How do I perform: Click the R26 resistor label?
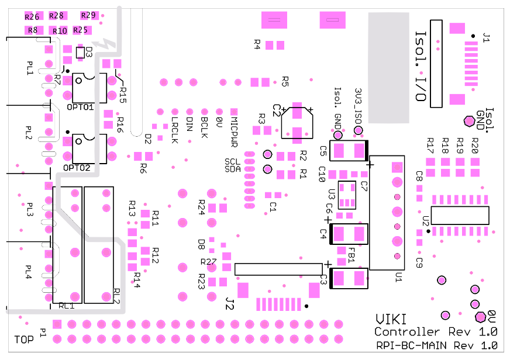[x=32, y=16]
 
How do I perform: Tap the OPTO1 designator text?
[x=81, y=108]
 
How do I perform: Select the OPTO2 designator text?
[x=81, y=168]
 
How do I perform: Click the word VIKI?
[x=388, y=320]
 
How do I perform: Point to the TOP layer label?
[x=24, y=339]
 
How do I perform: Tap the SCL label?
[x=232, y=161]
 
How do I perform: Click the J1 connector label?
[x=485, y=39]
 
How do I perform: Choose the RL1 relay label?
[x=67, y=306]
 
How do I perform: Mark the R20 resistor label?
[x=474, y=146]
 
